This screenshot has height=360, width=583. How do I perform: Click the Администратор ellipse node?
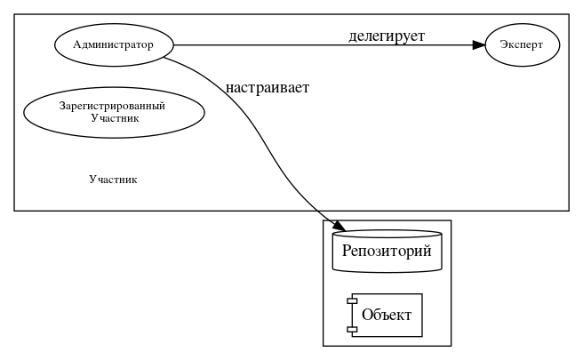coord(114,44)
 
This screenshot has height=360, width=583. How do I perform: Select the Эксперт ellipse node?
coord(523,44)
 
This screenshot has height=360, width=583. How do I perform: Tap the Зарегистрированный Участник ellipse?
coord(114,112)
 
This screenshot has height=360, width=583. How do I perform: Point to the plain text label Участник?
coord(114,179)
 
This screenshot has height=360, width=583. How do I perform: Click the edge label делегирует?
coord(387,36)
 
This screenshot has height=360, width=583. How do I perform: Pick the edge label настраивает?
coord(268,88)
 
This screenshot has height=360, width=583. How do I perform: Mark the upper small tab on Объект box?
coord(352,302)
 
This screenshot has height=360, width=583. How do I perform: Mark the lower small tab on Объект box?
coord(352,329)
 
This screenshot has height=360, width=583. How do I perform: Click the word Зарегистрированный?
coord(114,106)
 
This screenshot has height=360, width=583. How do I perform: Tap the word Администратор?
coord(114,44)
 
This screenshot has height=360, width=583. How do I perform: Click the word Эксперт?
coord(523,44)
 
